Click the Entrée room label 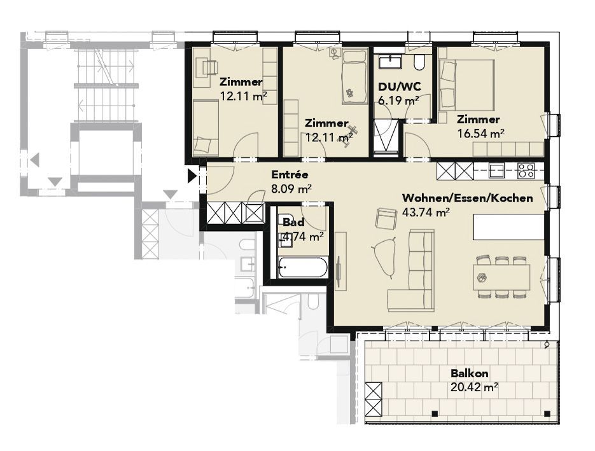coord(290,175)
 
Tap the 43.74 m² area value coord(426,212)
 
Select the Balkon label coord(470,373)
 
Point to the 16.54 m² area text coord(480,134)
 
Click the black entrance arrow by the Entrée coord(192,176)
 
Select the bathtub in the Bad coord(302,268)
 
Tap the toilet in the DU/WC coord(419,63)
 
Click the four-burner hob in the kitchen coord(526,170)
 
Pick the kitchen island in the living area coord(508,226)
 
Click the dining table coord(501,277)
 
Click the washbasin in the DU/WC coord(390,62)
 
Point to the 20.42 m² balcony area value coord(474,387)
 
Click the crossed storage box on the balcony coord(374,399)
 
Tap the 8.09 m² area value coord(291,188)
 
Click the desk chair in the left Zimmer coord(210,67)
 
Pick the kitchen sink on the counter coord(496,170)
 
